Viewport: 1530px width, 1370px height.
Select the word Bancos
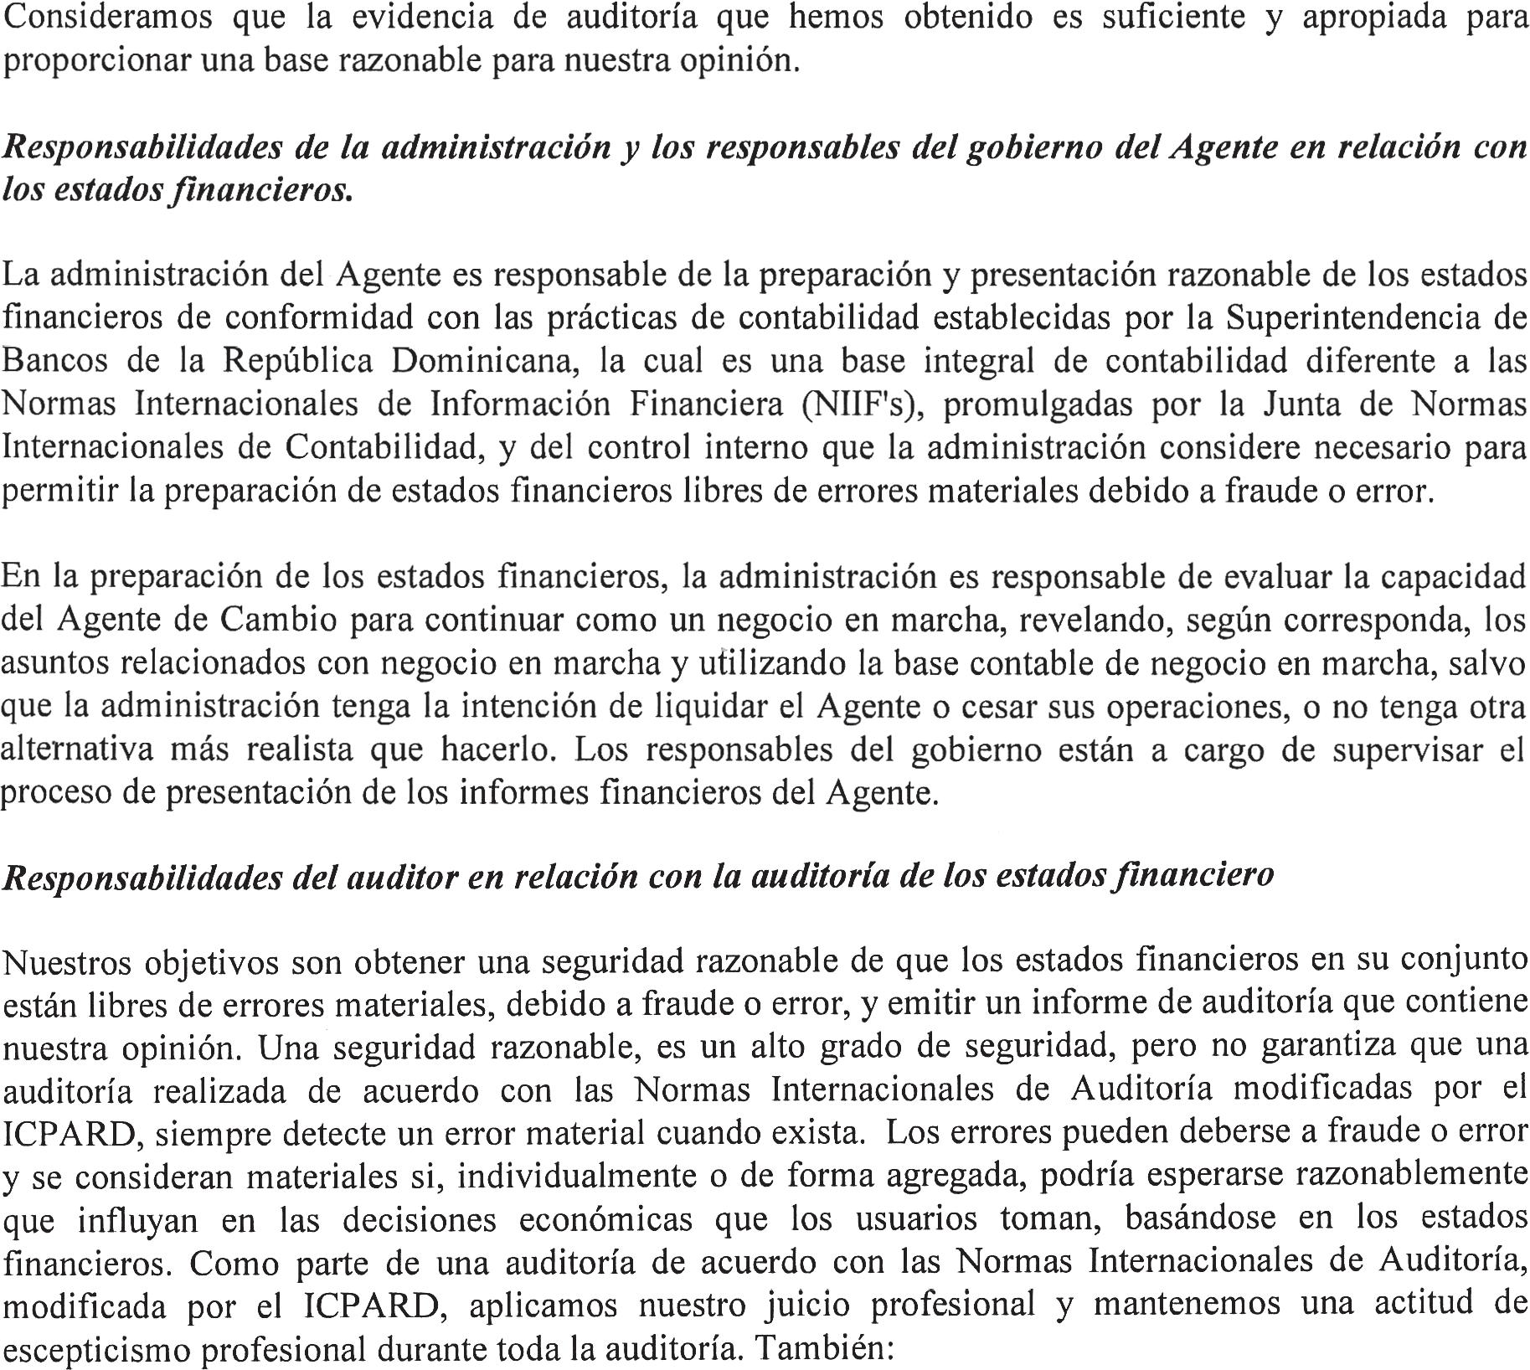tap(57, 361)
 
